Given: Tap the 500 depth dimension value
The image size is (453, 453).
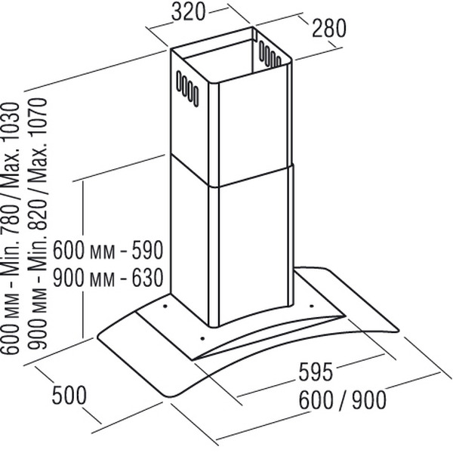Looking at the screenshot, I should pos(69,394).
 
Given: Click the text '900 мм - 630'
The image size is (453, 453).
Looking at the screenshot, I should pos(107,278).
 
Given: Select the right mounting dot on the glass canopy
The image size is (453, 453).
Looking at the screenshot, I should pos(311,305).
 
